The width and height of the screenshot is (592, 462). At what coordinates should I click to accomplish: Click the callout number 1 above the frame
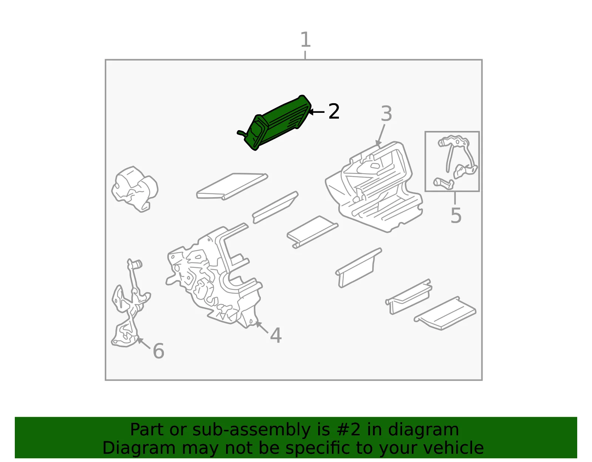(x=305, y=40)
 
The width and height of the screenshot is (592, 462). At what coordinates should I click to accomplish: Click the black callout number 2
(x=334, y=111)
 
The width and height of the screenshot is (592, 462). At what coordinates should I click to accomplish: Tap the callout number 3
(x=386, y=114)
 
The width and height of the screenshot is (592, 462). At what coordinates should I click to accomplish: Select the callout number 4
(x=276, y=335)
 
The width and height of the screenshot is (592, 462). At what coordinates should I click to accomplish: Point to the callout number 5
(x=456, y=215)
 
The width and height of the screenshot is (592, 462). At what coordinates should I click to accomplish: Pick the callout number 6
(x=159, y=351)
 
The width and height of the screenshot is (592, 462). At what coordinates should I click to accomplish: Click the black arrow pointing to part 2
(x=316, y=112)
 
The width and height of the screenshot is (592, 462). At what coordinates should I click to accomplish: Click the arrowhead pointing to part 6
(x=139, y=340)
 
